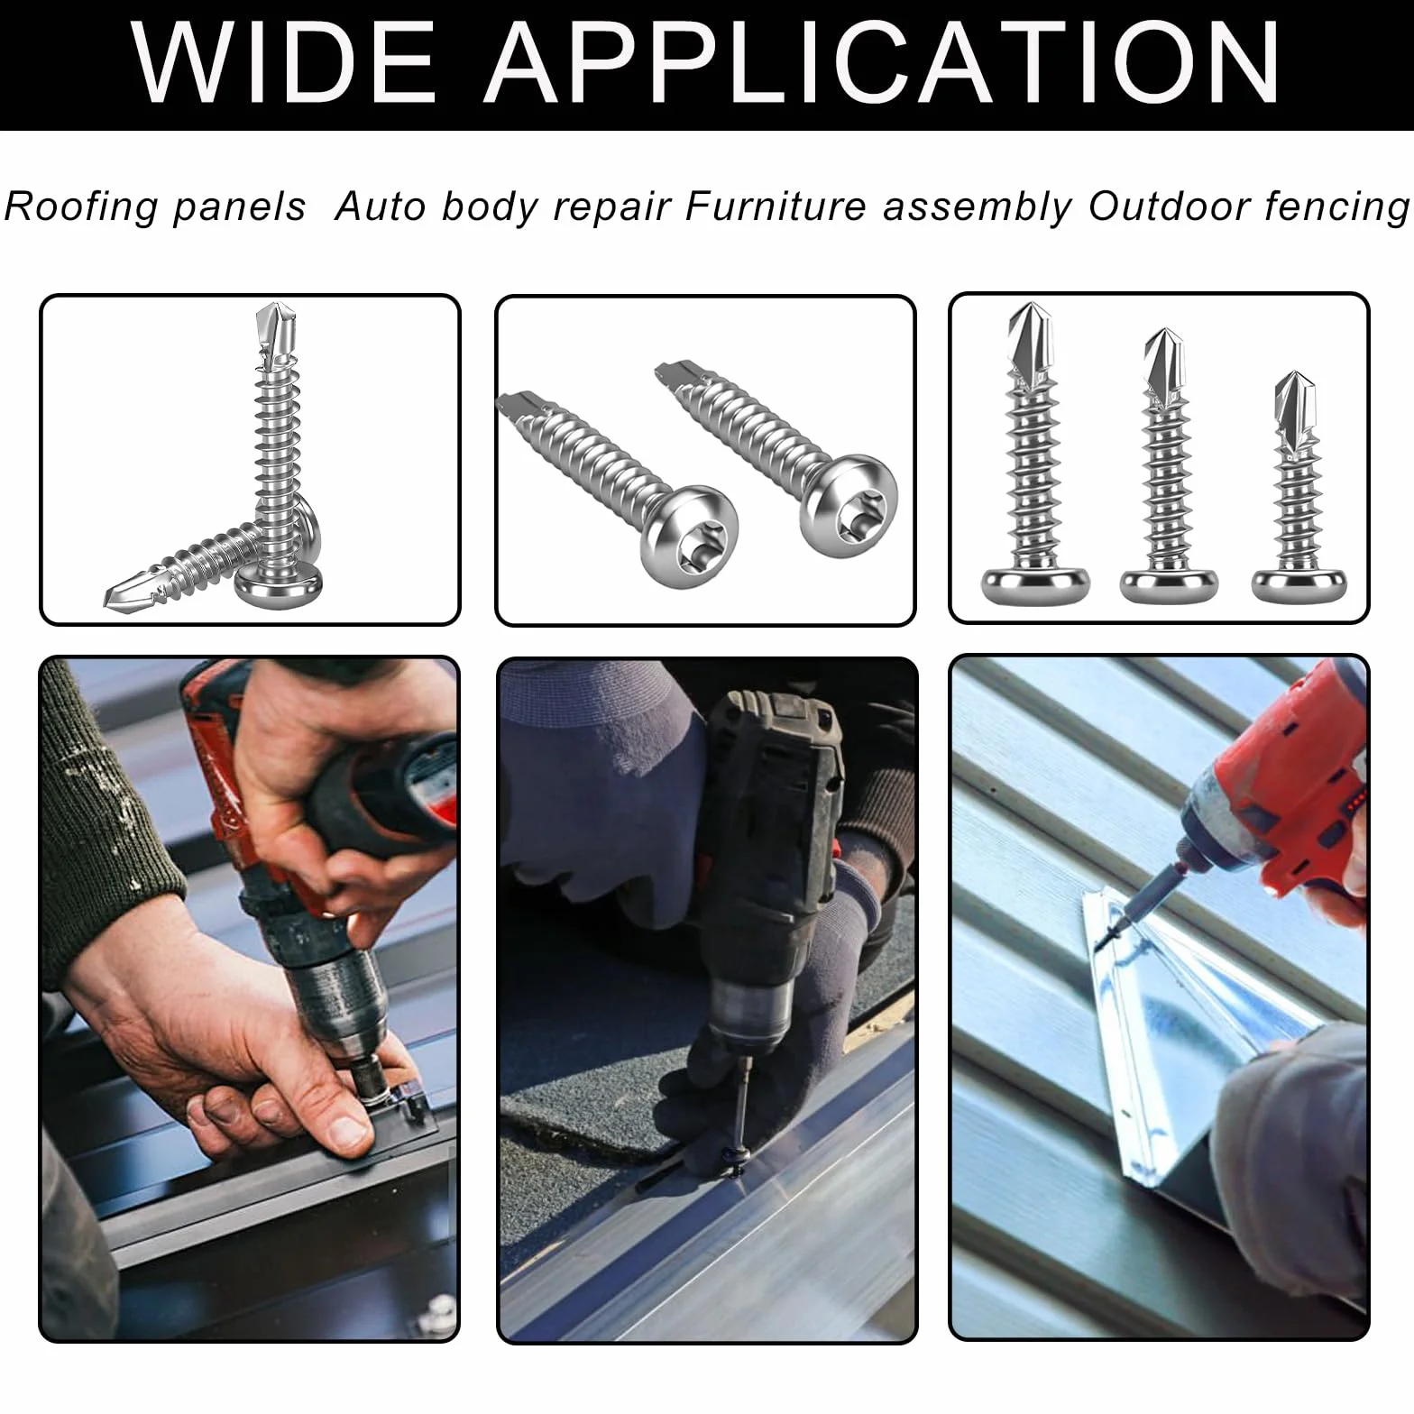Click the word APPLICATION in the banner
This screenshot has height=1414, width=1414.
[x=883, y=63]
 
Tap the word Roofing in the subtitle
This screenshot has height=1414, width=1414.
[x=81, y=207]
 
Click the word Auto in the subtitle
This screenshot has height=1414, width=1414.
[x=380, y=207]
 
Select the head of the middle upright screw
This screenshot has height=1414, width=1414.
[x=1169, y=585]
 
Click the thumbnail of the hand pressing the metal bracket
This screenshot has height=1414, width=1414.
[x=249, y=999]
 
